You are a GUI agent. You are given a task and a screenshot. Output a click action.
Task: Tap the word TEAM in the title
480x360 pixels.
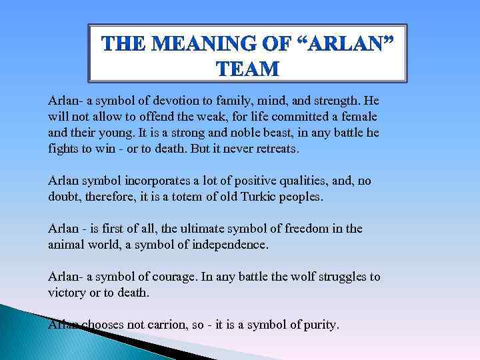click(248, 69)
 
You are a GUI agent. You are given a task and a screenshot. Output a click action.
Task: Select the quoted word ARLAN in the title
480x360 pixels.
click(343, 45)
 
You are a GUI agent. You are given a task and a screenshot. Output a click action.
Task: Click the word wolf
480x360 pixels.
click(284, 277)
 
